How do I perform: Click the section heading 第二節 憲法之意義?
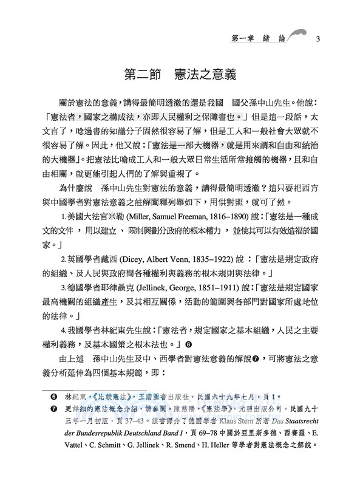click(x=180, y=76)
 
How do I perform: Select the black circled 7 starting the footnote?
click(x=47, y=409)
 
